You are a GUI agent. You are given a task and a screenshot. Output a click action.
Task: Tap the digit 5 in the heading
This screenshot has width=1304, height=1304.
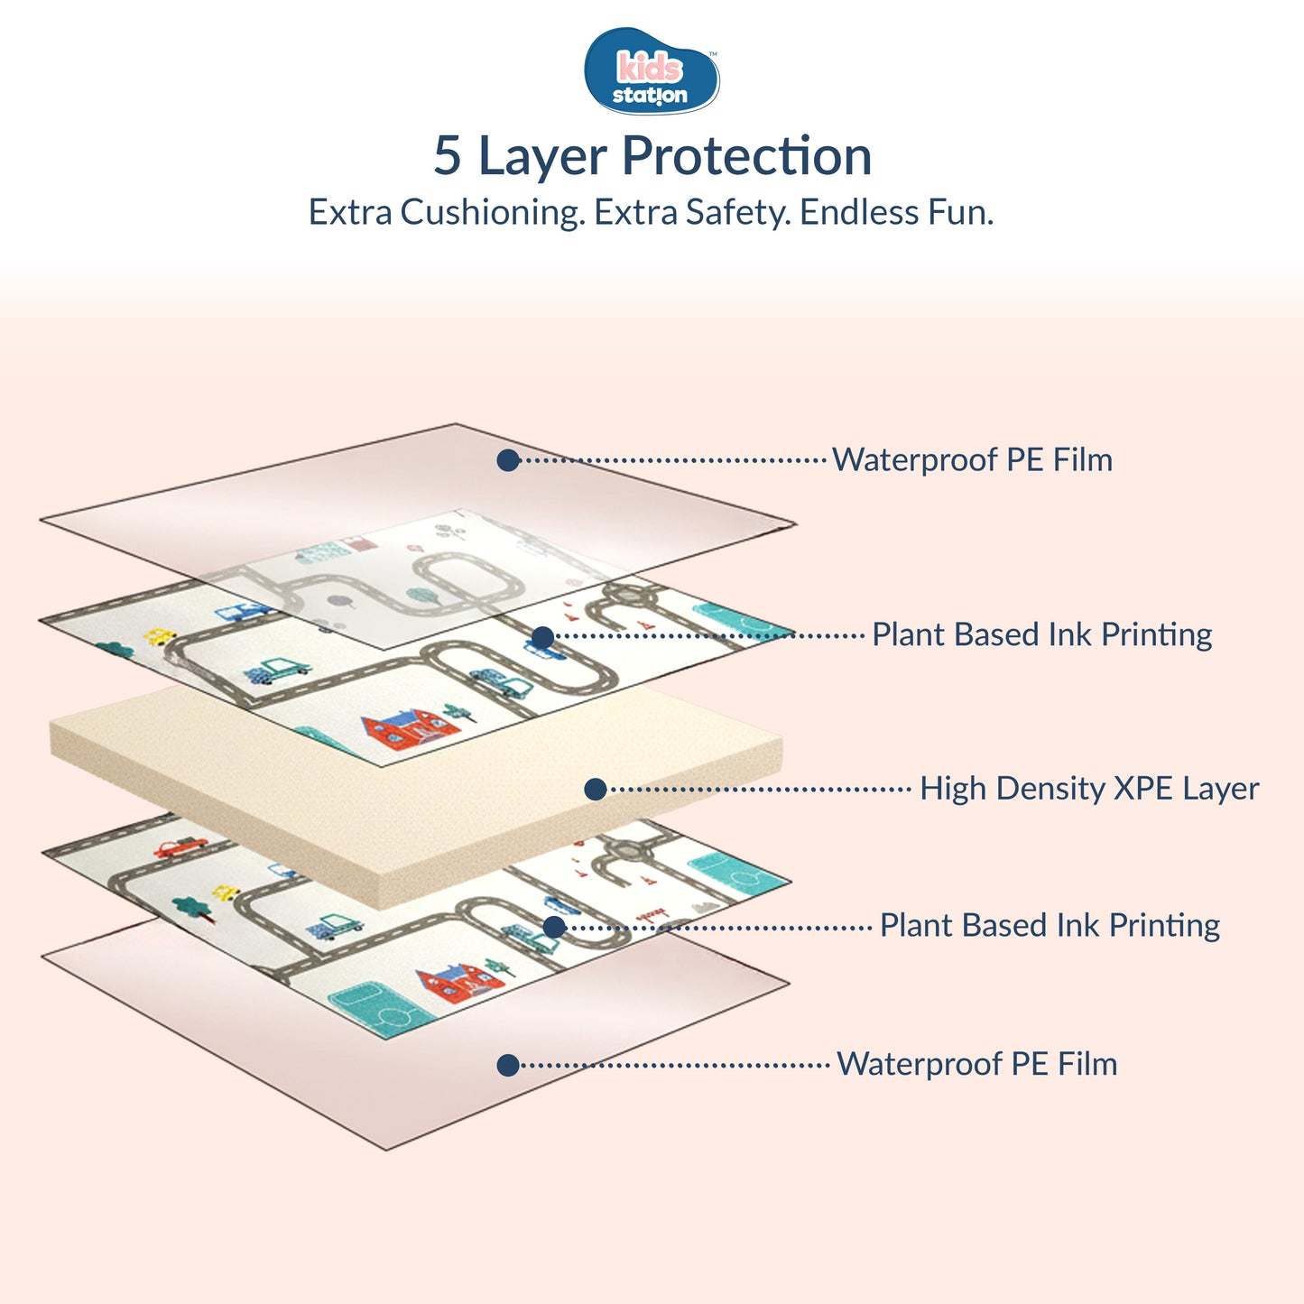click(448, 156)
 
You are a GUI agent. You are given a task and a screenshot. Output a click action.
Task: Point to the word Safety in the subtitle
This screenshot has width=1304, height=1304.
click(738, 213)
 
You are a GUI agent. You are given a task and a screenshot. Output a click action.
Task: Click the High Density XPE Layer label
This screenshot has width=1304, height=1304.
click(1089, 789)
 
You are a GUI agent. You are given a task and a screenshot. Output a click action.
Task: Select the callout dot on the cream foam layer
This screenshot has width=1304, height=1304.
click(595, 790)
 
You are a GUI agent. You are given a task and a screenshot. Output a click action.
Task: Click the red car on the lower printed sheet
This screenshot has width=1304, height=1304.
click(180, 847)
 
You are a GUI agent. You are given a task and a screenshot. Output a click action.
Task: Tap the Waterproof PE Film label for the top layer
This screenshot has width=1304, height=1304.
click(972, 459)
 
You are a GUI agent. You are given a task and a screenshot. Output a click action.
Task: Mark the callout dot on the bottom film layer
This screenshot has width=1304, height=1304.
click(508, 1065)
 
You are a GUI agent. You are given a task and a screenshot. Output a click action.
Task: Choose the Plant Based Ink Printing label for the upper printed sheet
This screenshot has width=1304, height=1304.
click(1041, 634)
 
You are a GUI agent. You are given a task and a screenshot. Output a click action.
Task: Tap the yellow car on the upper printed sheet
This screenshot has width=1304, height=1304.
click(161, 636)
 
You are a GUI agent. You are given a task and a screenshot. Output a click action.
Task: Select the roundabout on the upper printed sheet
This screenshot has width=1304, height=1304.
click(628, 595)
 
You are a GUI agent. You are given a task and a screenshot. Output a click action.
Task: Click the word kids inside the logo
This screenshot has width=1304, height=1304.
click(649, 68)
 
